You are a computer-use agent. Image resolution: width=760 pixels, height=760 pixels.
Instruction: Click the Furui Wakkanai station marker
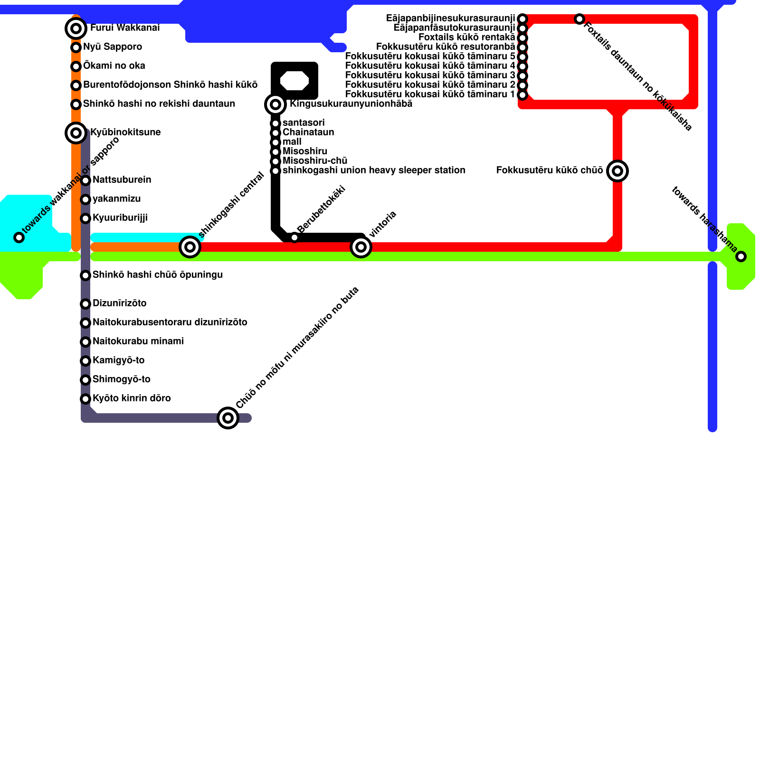[76, 28]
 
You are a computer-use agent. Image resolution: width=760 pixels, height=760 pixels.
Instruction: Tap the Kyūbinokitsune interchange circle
[76, 133]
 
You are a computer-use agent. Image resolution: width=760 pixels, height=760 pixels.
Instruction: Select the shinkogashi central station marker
[190, 247]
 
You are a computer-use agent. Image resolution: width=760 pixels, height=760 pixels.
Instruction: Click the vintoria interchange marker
[361, 247]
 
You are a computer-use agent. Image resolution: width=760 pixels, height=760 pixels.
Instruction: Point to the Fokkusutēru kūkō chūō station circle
[617, 171]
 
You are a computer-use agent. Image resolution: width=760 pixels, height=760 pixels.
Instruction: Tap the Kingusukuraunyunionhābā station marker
[275, 104]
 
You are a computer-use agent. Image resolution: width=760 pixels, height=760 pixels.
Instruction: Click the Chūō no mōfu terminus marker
[228, 418]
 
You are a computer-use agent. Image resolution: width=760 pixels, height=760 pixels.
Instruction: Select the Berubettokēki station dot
[294, 237]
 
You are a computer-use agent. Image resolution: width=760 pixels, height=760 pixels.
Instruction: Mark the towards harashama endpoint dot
[741, 256]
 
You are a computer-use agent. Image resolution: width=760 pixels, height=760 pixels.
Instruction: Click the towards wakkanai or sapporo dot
[19, 237]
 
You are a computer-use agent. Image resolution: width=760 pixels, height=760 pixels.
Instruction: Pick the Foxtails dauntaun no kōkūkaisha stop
[579, 19]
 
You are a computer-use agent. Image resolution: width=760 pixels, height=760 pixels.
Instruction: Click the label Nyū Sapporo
[113, 47]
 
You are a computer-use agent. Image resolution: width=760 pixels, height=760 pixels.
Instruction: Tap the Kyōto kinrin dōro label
[132, 399]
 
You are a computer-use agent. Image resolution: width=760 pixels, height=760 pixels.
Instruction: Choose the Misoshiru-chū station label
[315, 161]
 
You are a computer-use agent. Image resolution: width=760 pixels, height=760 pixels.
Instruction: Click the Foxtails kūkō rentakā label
[466, 38]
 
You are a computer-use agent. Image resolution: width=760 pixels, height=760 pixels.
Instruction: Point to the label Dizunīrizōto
[119, 304]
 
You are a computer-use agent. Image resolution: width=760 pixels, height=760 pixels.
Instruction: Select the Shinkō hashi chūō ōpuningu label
[157, 275]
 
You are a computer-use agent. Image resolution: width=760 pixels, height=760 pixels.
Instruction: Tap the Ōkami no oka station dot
[76, 66]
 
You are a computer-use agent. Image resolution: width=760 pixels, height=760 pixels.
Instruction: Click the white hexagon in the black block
[294, 81]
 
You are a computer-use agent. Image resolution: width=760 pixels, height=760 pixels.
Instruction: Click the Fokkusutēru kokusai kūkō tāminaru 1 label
[430, 95]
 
